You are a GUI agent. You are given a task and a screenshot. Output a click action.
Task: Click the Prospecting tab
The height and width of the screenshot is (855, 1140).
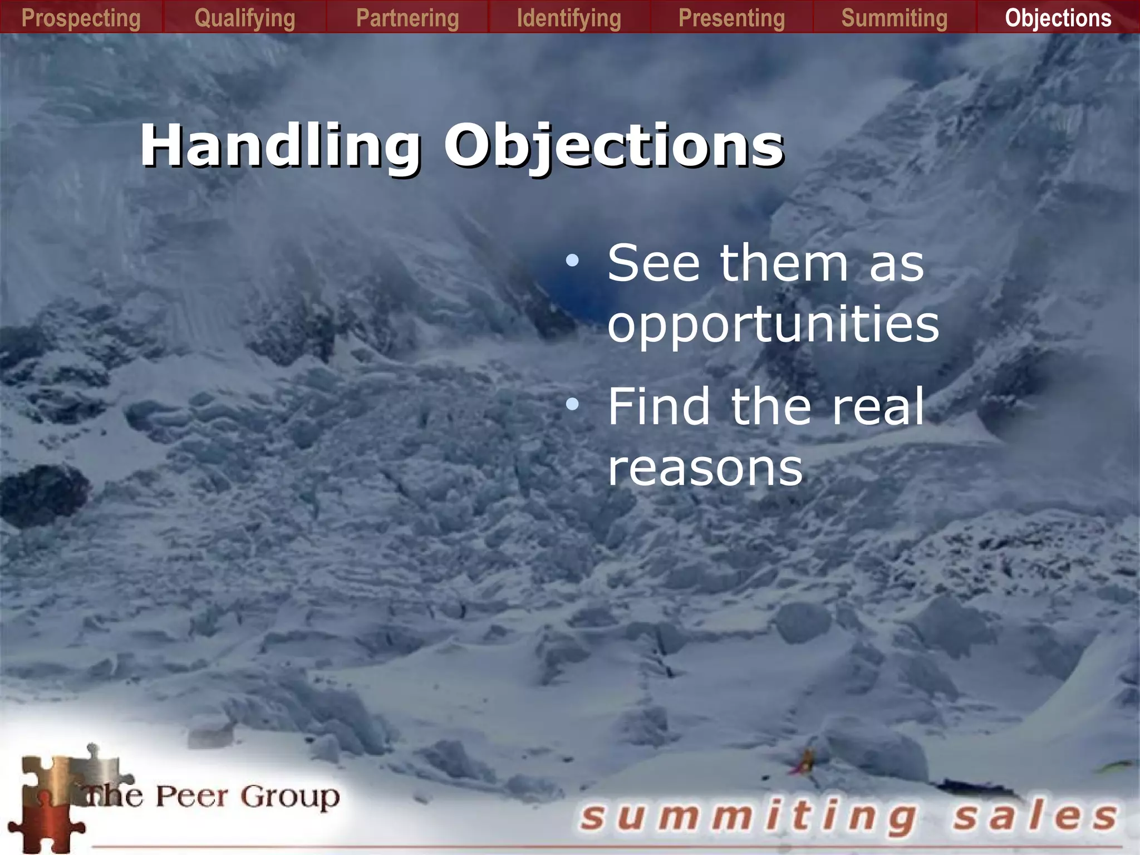[81, 18]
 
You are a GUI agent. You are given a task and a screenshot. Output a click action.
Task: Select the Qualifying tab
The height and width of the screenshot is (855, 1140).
[245, 18]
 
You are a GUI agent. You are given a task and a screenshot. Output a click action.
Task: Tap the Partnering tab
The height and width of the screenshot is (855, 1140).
[407, 18]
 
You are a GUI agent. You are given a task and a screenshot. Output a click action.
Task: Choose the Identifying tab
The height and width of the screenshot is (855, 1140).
[569, 18]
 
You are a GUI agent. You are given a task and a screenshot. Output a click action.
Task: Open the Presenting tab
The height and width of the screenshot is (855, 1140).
[732, 18]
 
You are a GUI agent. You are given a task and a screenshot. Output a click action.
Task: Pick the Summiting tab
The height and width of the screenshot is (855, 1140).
[895, 18]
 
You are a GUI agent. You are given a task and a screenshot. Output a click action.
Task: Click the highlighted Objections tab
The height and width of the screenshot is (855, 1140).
[1058, 18]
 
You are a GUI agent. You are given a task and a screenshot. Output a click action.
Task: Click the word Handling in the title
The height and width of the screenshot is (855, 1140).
[281, 146]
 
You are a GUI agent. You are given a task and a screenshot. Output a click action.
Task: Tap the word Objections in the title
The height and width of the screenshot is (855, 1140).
[614, 146]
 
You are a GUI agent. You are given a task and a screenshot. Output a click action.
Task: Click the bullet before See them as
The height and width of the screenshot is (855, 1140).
[572, 260]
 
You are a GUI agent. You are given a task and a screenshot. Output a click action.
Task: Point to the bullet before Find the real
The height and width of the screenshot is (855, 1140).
[572, 405]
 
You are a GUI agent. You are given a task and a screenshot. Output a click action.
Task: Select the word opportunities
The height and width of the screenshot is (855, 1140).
[773, 325]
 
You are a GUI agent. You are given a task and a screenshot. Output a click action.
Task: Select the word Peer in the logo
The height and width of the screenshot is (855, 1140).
[191, 796]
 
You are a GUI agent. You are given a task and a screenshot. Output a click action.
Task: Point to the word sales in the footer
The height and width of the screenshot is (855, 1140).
[1035, 817]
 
